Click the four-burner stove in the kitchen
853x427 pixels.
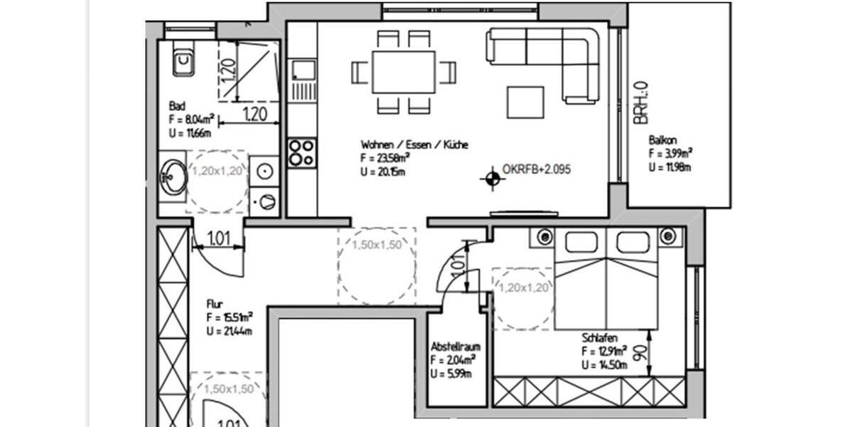[x=301, y=152]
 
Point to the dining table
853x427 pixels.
[x=403, y=72]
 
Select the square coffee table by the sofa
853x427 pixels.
[x=525, y=102]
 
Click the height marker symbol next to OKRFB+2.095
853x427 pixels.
[x=491, y=178]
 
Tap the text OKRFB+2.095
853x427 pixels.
[x=537, y=169]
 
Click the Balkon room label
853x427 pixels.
[x=662, y=140]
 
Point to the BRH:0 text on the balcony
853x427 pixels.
[x=641, y=103]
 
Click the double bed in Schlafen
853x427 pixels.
[x=606, y=281]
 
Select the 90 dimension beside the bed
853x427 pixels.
[x=643, y=352]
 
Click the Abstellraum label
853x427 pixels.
[x=453, y=347]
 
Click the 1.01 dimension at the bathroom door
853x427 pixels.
[x=218, y=238]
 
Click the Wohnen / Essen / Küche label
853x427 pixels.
[x=414, y=144]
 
